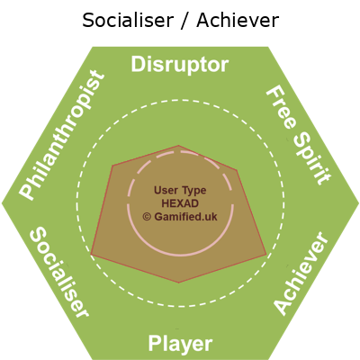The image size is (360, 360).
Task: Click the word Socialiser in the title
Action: [x=128, y=21]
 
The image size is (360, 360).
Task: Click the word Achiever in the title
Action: [x=238, y=21]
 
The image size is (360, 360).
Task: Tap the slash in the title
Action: [x=185, y=21]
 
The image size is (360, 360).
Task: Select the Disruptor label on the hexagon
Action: [x=180, y=65]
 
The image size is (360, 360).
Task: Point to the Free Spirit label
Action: [x=299, y=135]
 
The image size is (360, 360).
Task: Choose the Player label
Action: [x=180, y=344]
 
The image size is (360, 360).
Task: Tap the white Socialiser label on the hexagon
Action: [x=59, y=272]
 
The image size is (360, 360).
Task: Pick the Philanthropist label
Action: [x=62, y=135]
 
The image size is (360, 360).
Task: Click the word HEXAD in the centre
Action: [x=180, y=203]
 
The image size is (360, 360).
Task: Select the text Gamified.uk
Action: [x=185, y=217]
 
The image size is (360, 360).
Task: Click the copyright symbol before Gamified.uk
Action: [x=147, y=217]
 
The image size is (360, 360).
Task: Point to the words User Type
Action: [x=180, y=190]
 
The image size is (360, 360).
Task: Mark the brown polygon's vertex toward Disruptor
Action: [x=179, y=146]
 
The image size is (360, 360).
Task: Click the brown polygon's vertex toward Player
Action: [x=179, y=283]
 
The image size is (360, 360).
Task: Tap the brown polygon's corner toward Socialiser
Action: [x=91, y=255]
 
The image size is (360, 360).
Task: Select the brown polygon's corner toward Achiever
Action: [x=266, y=255]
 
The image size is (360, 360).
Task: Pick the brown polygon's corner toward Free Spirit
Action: [x=238, y=170]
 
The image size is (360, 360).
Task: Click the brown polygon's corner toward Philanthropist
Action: [x=112, y=165]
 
